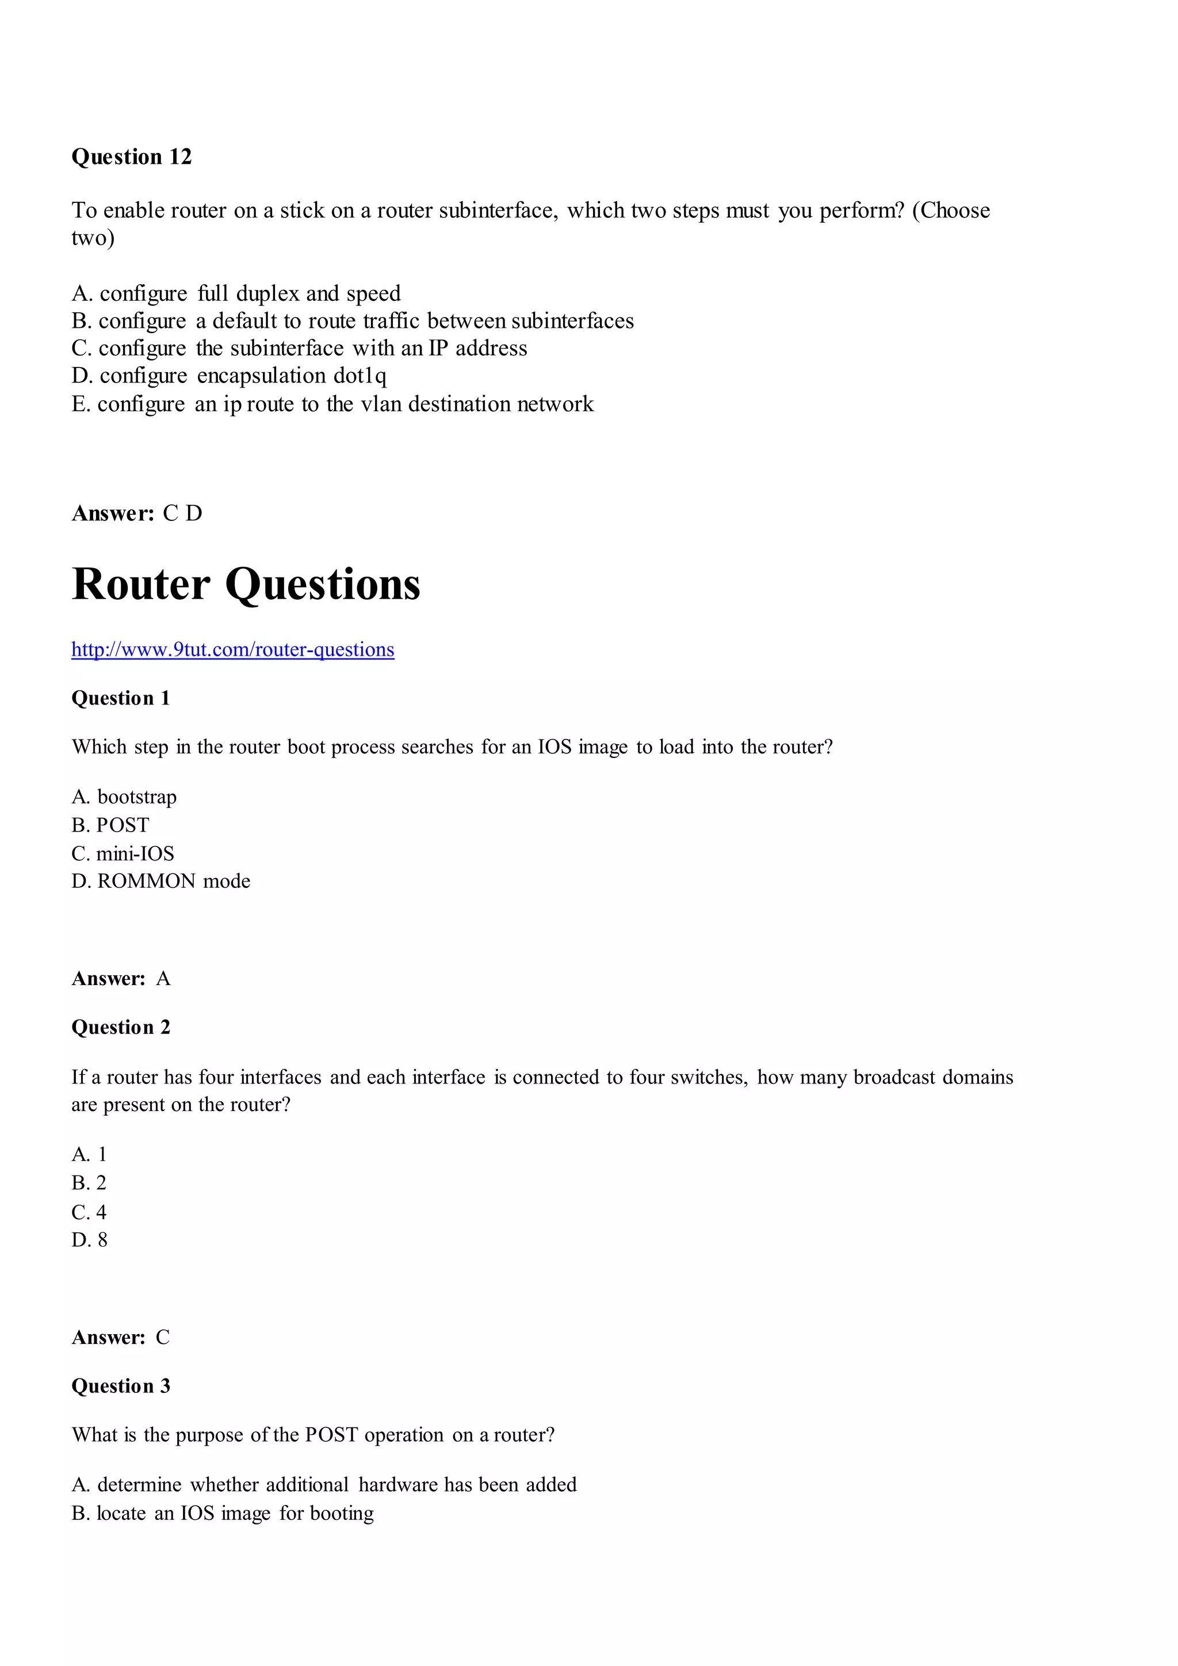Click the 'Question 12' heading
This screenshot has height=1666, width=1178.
coord(131,157)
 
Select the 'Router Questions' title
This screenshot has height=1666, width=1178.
coord(246,585)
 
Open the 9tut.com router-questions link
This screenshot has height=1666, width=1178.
coord(232,649)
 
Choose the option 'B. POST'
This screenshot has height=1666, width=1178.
coord(110,826)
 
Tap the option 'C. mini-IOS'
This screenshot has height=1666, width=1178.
coord(123,854)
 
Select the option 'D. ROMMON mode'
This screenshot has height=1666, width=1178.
coord(160,882)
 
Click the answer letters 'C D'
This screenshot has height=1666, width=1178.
coord(183,514)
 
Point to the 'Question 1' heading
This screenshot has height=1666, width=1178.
coord(120,698)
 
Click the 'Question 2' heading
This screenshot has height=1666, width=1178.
coord(120,1028)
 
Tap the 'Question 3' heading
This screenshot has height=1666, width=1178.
coord(120,1386)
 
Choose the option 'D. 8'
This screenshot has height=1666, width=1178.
coord(89,1240)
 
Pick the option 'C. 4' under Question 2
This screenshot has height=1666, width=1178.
coord(89,1212)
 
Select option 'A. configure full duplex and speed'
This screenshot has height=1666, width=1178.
coord(236,294)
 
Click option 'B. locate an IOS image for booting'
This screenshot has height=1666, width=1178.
coord(222,1514)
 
